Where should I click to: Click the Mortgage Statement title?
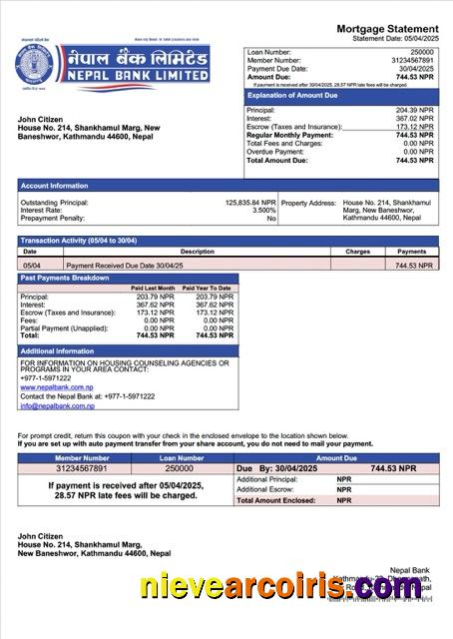tap(387, 28)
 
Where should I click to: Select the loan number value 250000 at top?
tap(422, 51)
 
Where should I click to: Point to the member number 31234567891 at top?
tap(412, 60)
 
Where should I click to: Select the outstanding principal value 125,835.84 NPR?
tap(249, 202)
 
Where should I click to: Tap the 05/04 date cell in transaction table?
tap(30, 266)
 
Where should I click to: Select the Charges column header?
tap(358, 253)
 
